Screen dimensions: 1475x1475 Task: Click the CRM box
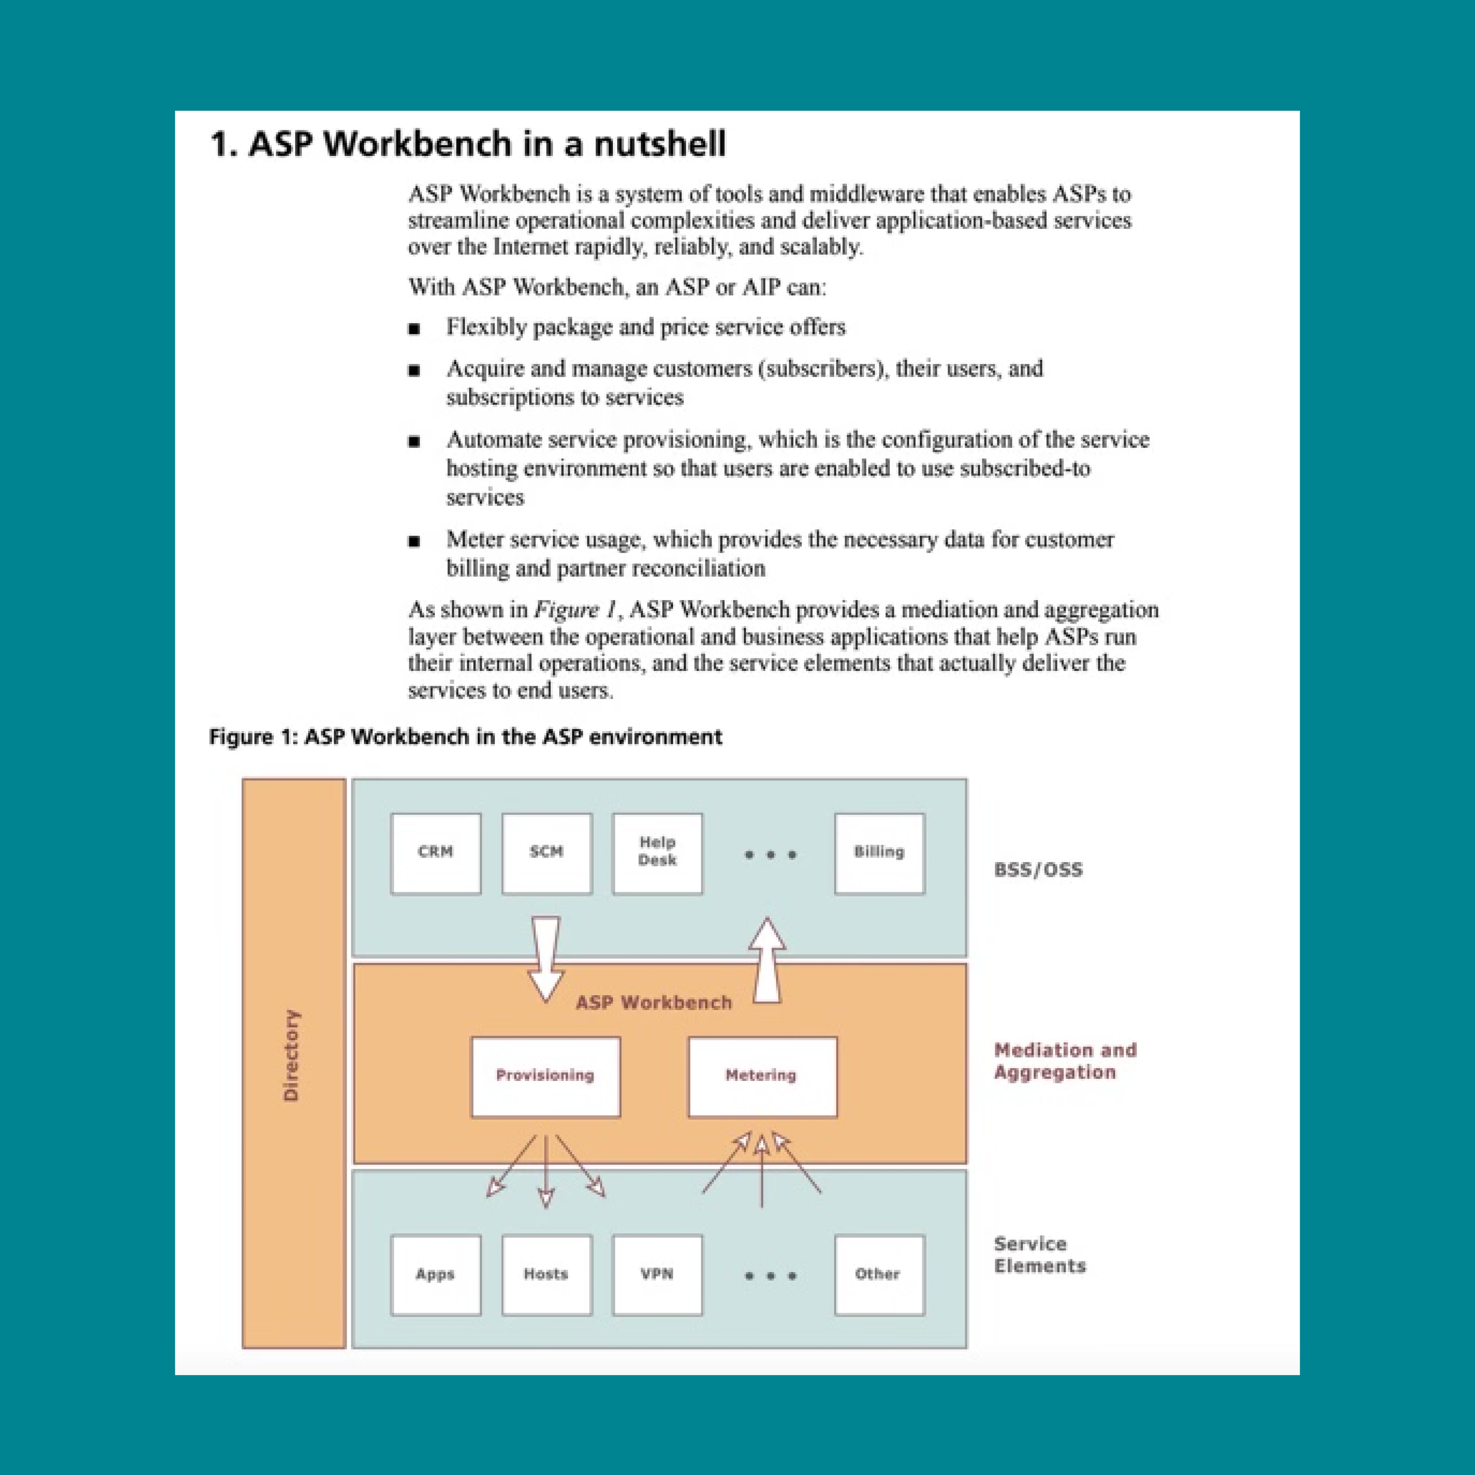pyautogui.click(x=435, y=853)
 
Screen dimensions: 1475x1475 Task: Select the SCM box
pyautogui.click(x=547, y=853)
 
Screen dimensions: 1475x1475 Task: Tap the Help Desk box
pyautogui.click(x=657, y=853)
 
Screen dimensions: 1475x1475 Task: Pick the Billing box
pyautogui.click(x=880, y=853)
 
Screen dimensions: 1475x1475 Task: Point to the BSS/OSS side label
pyautogui.click(x=1038, y=870)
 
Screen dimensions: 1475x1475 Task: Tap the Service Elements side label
pyautogui.click(x=1039, y=1254)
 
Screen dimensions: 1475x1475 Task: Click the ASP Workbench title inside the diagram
pyautogui.click(x=654, y=1002)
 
